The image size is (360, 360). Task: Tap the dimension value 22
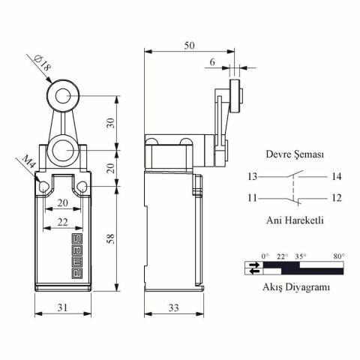[x=62, y=222]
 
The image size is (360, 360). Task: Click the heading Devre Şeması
[x=295, y=154]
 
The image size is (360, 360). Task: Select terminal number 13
[x=251, y=177]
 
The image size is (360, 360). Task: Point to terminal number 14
[x=336, y=177]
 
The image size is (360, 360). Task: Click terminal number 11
[x=251, y=198]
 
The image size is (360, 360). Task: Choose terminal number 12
[x=336, y=198]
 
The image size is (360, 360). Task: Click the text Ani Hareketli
[x=295, y=220]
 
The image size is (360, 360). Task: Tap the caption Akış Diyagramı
[x=295, y=286]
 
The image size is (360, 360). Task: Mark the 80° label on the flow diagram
[x=339, y=256]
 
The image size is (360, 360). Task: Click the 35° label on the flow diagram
[x=301, y=256]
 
